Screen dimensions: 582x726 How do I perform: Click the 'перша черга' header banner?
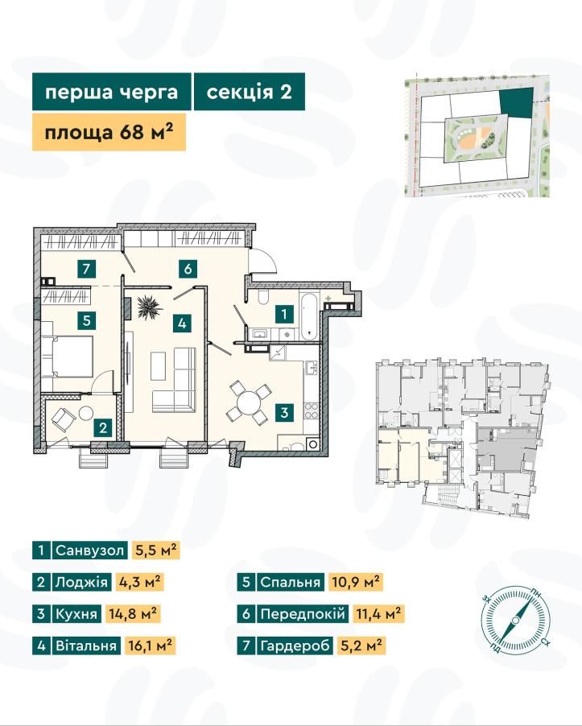click(112, 92)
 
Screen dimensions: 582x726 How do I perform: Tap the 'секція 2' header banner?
click(249, 92)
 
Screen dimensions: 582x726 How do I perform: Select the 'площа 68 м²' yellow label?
click(109, 132)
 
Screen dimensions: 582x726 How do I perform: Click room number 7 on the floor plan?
click(87, 268)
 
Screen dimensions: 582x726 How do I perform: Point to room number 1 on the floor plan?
click(284, 315)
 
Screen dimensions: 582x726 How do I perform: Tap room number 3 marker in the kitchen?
click(284, 412)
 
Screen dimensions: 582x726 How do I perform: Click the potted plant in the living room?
click(149, 307)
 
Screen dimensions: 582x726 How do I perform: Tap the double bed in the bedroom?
click(68, 357)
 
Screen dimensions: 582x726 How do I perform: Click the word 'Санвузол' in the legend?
click(90, 551)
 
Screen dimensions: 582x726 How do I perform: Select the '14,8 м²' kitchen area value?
click(133, 613)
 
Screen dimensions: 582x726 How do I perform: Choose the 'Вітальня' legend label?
click(86, 645)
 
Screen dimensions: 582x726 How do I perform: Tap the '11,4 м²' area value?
click(378, 613)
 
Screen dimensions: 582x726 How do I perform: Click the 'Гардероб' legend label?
click(295, 645)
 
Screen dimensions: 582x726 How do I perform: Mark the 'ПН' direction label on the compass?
click(535, 593)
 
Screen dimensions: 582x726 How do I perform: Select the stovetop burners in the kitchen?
click(312, 411)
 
